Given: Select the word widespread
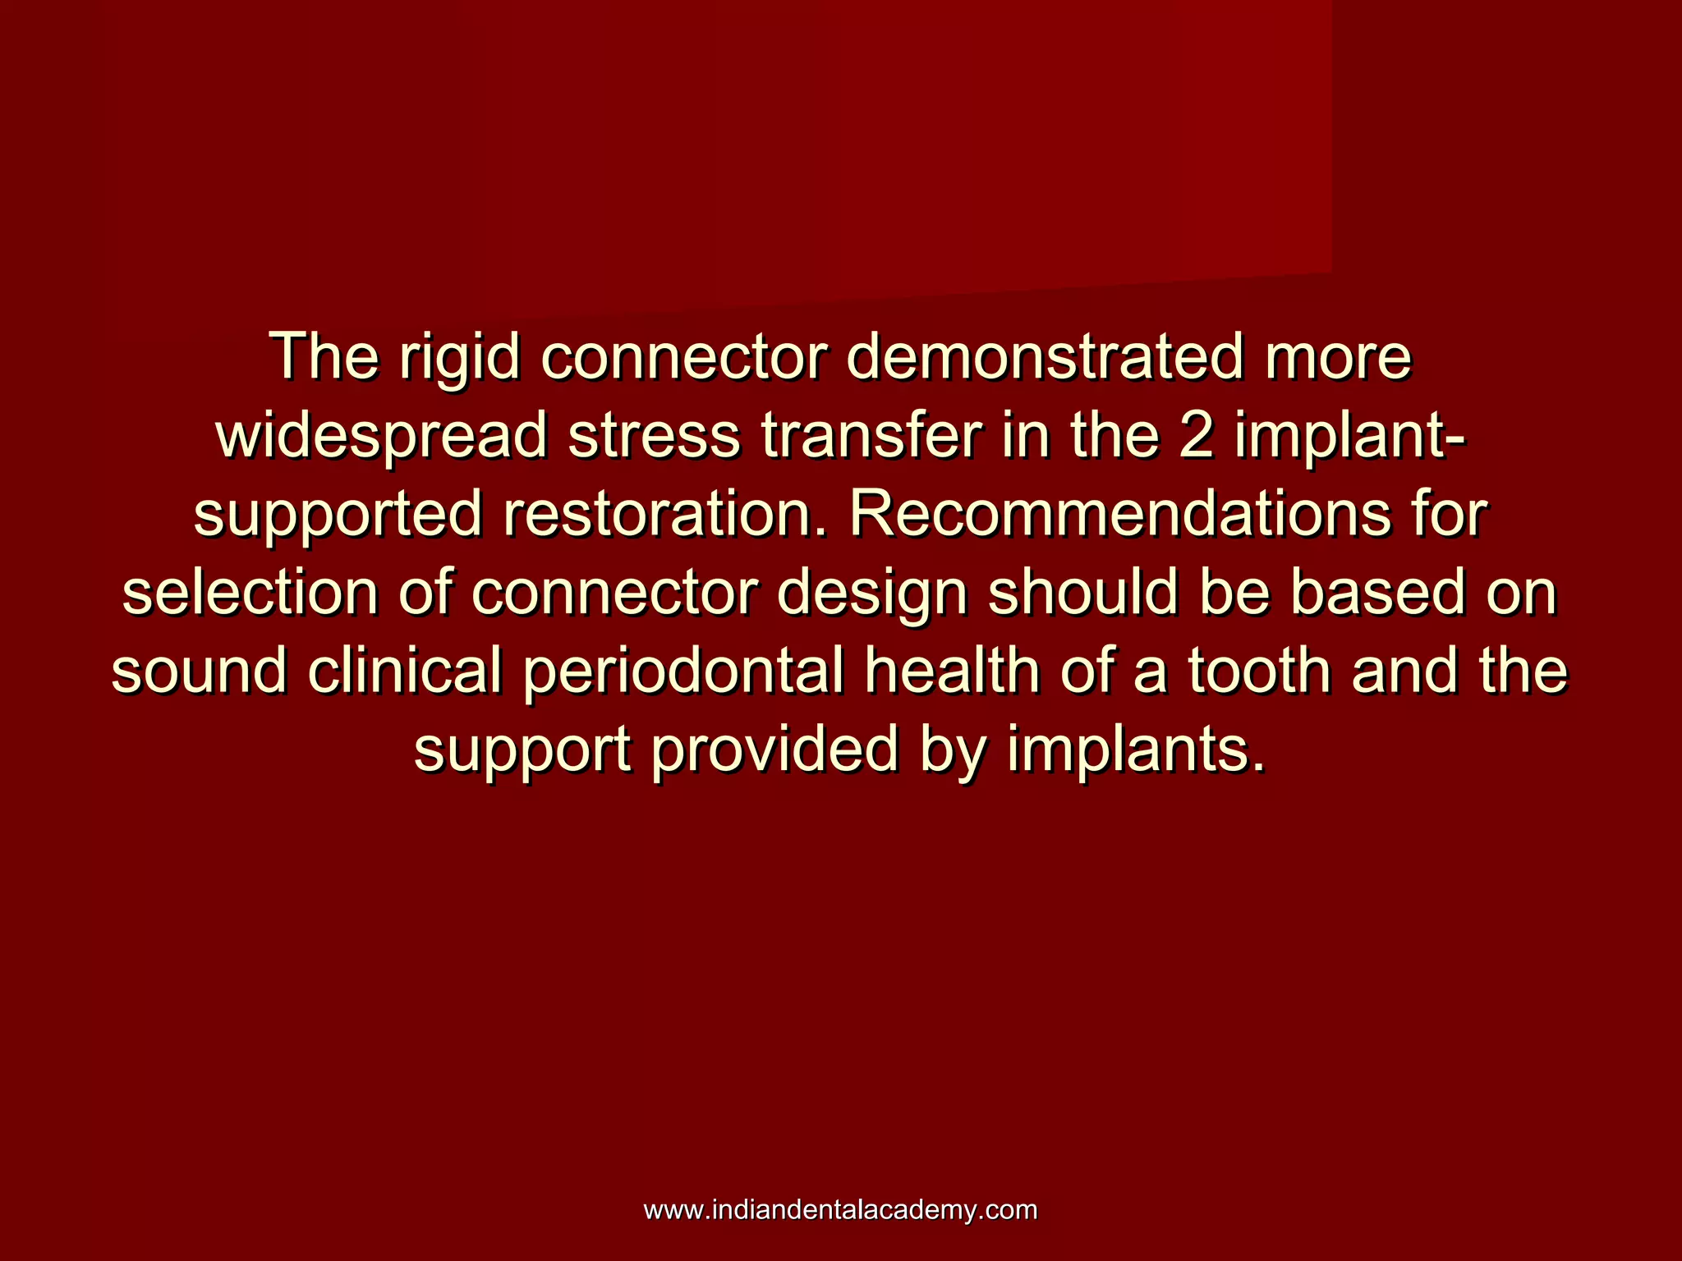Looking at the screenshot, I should tap(381, 436).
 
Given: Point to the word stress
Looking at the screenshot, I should tap(654, 436).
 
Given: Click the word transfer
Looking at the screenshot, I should tap(871, 436).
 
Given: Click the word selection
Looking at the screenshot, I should tap(250, 593).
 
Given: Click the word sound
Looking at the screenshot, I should tap(200, 672).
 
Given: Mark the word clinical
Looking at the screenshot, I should tap(404, 672).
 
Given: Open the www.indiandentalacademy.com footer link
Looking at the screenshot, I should tap(840, 1209).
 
